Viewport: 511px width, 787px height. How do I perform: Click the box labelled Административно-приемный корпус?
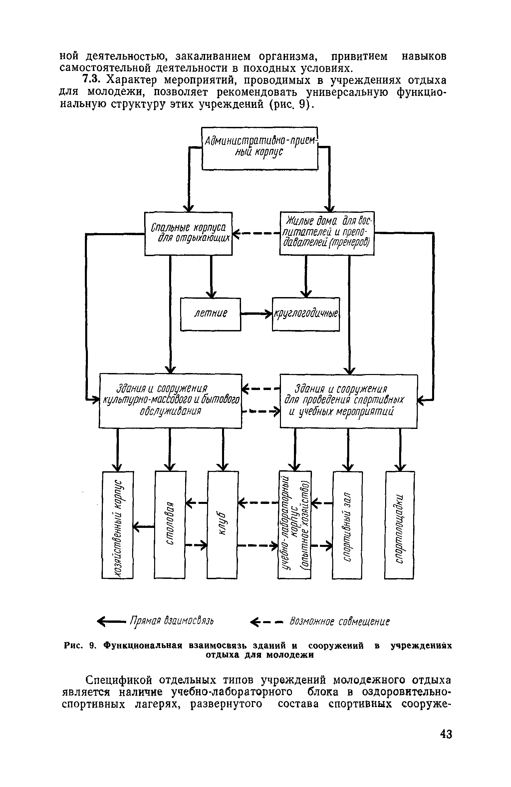pos(260,149)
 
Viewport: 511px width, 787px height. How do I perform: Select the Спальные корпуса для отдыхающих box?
pos(188,233)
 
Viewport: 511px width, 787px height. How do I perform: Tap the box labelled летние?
pos(210,314)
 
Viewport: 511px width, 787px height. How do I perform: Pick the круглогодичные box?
pos(306,314)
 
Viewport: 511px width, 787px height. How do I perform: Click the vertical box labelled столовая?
pos(170,526)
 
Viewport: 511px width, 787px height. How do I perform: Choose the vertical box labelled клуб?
pos(223,526)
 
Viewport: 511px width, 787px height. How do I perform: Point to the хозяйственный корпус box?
pos(118,526)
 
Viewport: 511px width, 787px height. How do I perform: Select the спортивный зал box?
pos(347,526)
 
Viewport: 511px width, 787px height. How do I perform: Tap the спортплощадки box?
pos(400,526)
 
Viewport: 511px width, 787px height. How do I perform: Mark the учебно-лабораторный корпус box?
pos(295,526)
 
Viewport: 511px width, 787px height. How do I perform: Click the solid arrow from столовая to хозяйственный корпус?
pos(144,526)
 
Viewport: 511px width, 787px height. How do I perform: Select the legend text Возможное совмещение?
pos(340,621)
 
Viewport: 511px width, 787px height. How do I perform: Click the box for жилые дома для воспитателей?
pos(327,233)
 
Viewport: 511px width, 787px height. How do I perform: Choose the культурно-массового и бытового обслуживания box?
pos(170,400)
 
